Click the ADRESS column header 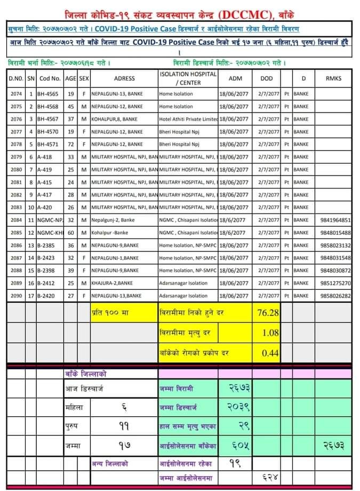tap(124, 78)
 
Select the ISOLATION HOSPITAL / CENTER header tap(188, 78)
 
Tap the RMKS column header tap(333, 78)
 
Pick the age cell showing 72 tap(70, 144)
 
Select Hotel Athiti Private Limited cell tap(188, 119)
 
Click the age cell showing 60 tap(70, 233)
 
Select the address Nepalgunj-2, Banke tap(114, 220)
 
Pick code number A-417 tap(45, 195)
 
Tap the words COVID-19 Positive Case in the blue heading tap(137, 28)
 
